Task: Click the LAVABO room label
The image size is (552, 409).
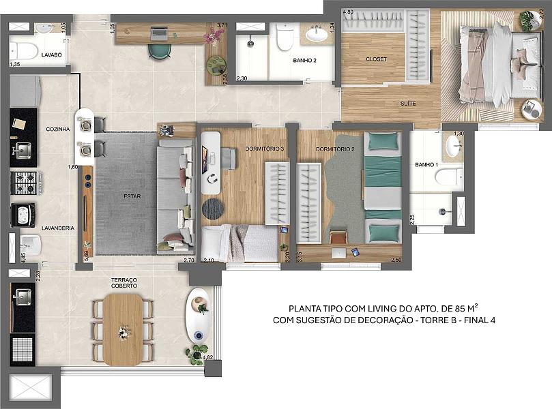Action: pyautogui.click(x=51, y=55)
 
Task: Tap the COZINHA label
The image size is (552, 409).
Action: pyautogui.click(x=58, y=129)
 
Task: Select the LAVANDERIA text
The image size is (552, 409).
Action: pyautogui.click(x=58, y=228)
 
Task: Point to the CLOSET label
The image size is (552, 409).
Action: pyautogui.click(x=377, y=59)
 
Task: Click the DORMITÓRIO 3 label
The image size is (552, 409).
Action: pyautogui.click(x=264, y=149)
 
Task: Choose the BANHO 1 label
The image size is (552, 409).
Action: pyautogui.click(x=426, y=164)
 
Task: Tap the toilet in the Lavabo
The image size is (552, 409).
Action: pyautogui.click(x=23, y=51)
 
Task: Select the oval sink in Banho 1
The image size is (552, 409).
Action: pyautogui.click(x=453, y=147)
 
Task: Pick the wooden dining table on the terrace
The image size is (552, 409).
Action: pyautogui.click(x=123, y=329)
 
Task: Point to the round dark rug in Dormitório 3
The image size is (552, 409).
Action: pyautogui.click(x=214, y=208)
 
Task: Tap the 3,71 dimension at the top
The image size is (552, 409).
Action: pyautogui.click(x=222, y=25)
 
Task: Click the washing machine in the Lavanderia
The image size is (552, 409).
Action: pyautogui.click(x=23, y=215)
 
